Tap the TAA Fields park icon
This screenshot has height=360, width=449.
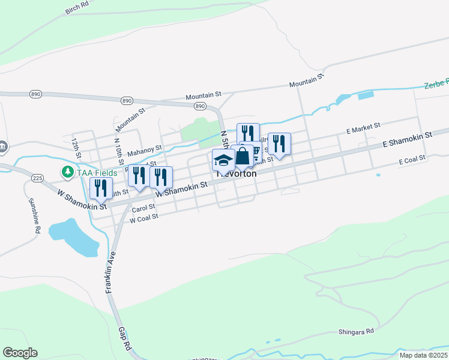[x=68, y=172]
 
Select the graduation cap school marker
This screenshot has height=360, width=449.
[x=223, y=160]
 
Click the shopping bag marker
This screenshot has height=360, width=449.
[x=243, y=156]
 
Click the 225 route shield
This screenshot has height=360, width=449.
[x=37, y=178]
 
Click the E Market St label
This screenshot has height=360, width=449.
[x=364, y=127]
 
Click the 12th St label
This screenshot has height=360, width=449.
[x=76, y=147]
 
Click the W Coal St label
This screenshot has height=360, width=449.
[x=143, y=218]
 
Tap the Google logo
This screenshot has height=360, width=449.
[x=20, y=353]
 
